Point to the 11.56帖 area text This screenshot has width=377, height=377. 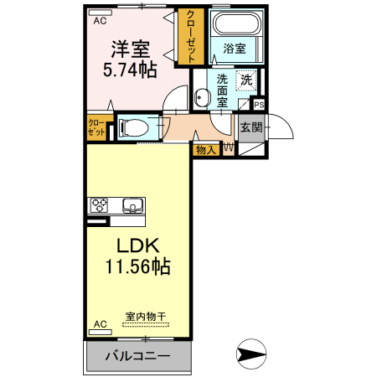[137, 268]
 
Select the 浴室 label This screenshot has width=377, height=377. [235, 49]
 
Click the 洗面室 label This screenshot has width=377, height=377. [222, 90]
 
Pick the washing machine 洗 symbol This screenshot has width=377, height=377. [246, 80]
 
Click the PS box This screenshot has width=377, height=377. [259, 105]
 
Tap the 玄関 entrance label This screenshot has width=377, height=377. [250, 127]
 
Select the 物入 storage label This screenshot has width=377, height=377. [205, 150]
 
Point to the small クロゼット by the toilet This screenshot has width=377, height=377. [96, 128]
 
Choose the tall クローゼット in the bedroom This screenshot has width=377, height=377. [192, 36]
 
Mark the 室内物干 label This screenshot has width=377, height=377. [146, 317]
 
